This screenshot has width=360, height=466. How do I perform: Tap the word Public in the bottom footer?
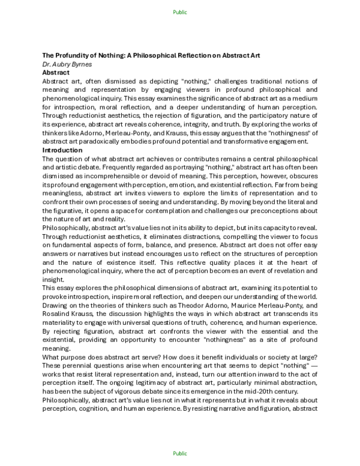tap(179, 454)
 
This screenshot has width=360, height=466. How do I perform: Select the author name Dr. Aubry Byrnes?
tap(71, 64)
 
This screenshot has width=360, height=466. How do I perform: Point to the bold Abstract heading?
tap(56, 71)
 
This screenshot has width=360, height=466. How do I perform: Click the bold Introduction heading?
tap(62, 150)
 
